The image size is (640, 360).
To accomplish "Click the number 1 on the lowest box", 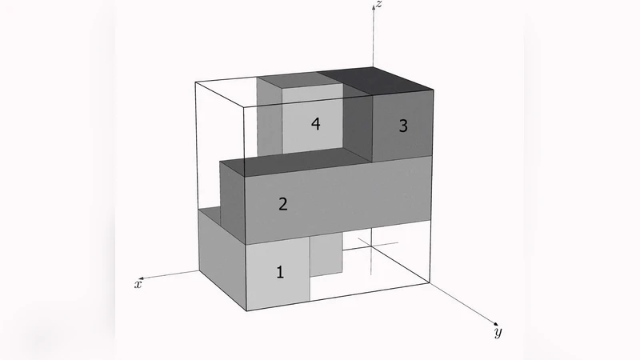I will (280, 272).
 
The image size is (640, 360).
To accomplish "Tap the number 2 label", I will (282, 203).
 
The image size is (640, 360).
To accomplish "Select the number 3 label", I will (403, 126).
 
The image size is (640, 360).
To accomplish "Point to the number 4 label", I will (316, 125).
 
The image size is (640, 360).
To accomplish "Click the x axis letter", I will (138, 284).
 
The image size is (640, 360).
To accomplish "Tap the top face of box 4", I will (288, 79).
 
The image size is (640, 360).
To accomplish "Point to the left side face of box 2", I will (231, 203).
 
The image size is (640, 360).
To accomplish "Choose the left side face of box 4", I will (270, 120).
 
